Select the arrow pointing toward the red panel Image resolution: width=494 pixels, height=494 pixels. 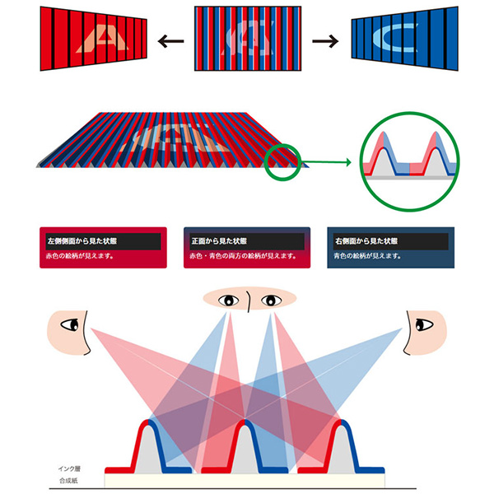[170, 40]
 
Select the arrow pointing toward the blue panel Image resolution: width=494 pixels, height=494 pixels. [324, 40]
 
